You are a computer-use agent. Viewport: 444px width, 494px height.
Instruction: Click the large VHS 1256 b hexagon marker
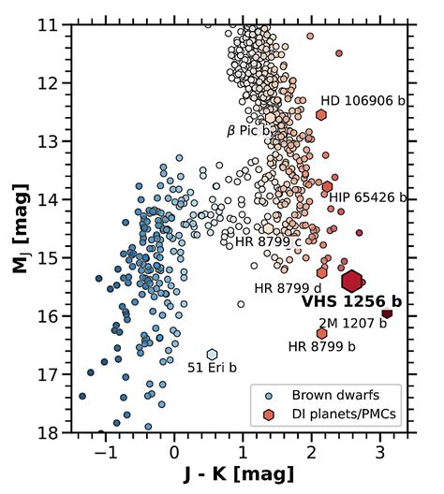pyautogui.click(x=352, y=280)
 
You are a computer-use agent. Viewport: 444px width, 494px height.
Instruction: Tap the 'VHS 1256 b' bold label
pyautogui.click(x=350, y=302)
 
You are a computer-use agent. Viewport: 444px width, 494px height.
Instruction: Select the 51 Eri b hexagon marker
pyautogui.click(x=213, y=354)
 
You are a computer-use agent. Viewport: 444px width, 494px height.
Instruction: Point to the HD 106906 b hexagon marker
pyautogui.click(x=321, y=115)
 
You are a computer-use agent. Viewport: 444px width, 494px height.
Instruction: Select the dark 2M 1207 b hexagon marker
pyautogui.click(x=387, y=312)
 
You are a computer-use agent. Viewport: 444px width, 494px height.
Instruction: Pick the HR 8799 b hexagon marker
pyautogui.click(x=322, y=333)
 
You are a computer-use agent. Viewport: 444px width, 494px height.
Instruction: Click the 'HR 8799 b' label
pyautogui.click(x=322, y=346)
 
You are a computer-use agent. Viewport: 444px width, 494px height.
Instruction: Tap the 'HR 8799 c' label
pyautogui.click(x=268, y=241)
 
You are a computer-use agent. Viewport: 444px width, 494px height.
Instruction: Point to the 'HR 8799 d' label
pyautogui.click(x=288, y=286)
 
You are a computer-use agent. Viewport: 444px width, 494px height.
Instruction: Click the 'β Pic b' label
pyautogui.click(x=248, y=131)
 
